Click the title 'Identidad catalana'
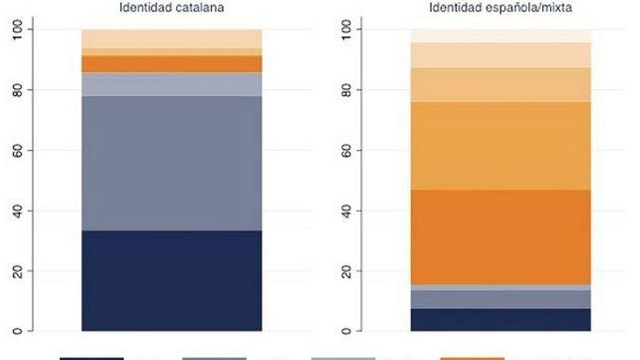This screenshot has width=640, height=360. (171, 9)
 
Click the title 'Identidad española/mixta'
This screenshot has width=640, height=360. (500, 9)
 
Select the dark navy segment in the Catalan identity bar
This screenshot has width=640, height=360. (171, 281)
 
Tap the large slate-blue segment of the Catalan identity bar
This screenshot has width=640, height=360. (171, 163)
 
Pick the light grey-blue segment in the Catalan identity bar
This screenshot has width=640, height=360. (171, 84)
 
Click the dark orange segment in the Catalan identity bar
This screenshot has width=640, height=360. (171, 64)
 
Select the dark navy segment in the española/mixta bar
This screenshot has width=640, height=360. (500, 320)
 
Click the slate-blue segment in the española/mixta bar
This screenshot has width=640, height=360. (500, 299)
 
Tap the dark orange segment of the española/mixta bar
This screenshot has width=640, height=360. (500, 237)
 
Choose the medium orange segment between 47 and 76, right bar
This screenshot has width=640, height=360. (500, 145)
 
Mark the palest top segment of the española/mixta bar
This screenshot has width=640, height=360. (500, 36)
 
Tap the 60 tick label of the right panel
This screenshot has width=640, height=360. (348, 151)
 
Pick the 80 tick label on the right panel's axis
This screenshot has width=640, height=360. (348, 90)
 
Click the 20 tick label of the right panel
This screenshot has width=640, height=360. (348, 271)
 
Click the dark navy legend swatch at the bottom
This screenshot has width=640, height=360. (91, 358)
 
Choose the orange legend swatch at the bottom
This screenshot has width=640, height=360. (472, 358)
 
